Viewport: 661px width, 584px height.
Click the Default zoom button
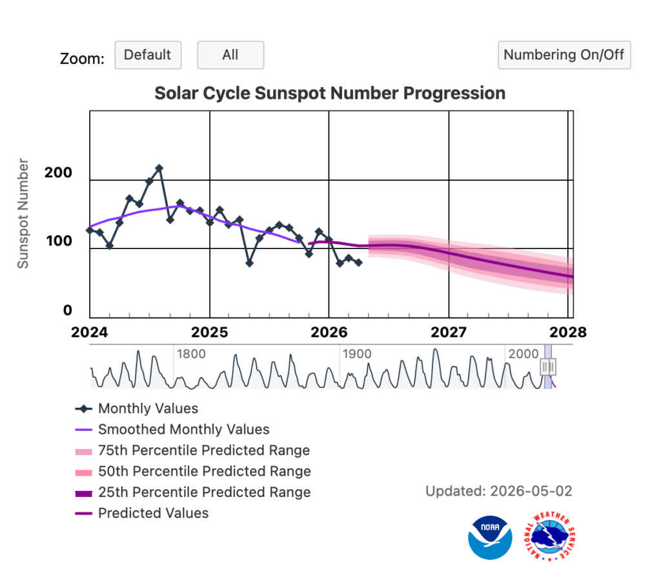click(x=148, y=55)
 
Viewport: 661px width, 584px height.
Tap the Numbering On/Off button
click(x=564, y=55)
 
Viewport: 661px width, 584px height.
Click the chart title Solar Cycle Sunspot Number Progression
click(x=330, y=93)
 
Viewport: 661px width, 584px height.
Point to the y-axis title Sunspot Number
click(x=23, y=213)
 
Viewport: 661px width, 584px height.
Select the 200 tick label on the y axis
click(x=58, y=172)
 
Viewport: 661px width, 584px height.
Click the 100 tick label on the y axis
click(x=59, y=241)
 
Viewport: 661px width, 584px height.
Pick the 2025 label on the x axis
click(x=210, y=332)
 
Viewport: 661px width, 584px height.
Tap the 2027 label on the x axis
click(x=449, y=332)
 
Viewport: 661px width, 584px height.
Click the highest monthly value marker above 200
click(x=159, y=168)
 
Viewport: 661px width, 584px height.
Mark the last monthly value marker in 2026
click(x=358, y=263)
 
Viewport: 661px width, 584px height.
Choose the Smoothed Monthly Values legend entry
click(x=172, y=429)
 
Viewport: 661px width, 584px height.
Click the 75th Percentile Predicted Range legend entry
click(x=192, y=450)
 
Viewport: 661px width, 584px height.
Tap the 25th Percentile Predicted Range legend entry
click(x=192, y=492)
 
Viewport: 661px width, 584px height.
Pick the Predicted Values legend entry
click(x=141, y=513)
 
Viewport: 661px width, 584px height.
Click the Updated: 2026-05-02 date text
click(x=499, y=491)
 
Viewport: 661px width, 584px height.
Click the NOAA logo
click(x=490, y=538)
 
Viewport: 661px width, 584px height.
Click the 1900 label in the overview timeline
click(x=356, y=354)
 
